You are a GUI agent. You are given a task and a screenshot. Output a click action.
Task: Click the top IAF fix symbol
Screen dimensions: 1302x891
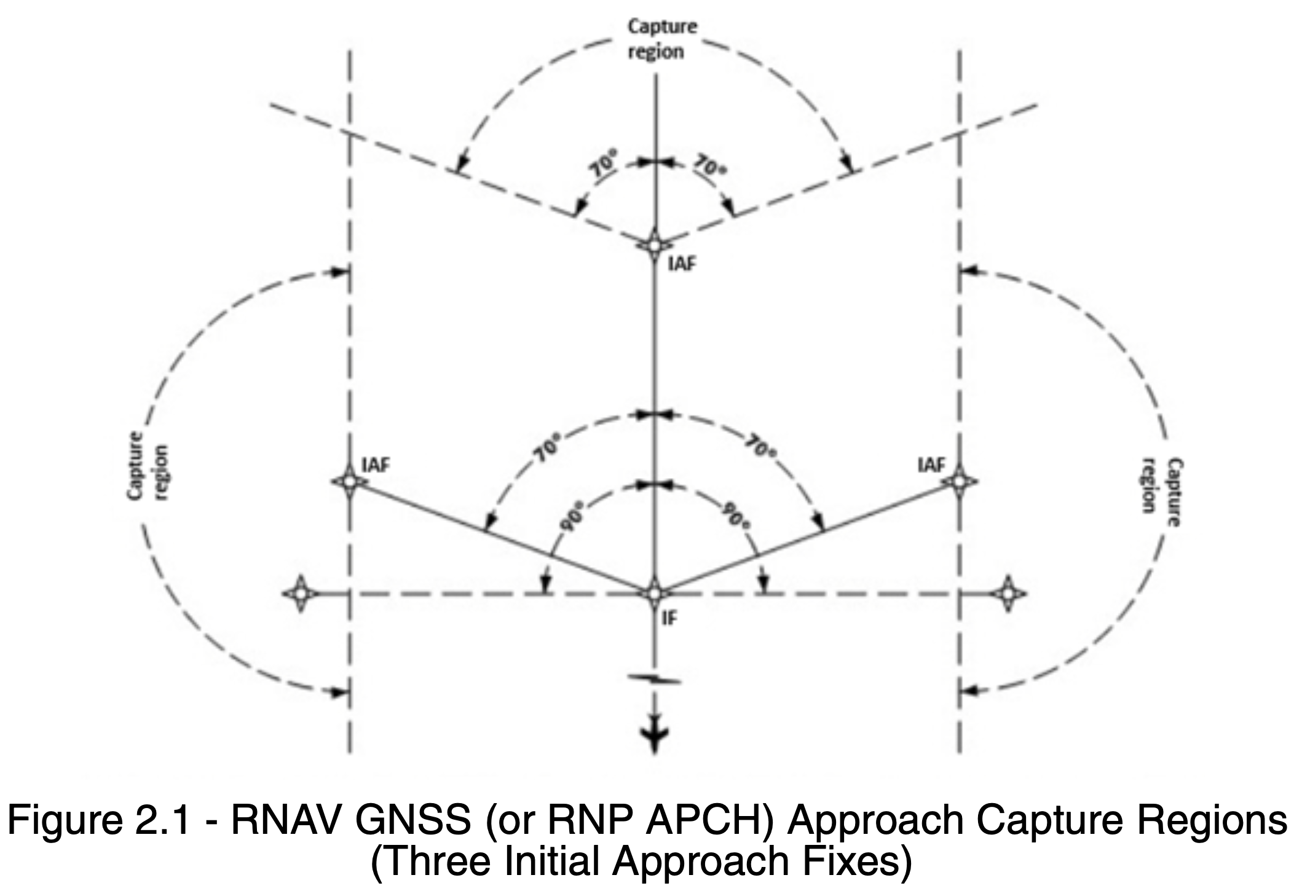(x=654, y=245)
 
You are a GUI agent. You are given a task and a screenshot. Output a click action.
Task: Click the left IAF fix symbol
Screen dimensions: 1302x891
(x=350, y=482)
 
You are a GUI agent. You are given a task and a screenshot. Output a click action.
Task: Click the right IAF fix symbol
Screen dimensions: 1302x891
(x=959, y=482)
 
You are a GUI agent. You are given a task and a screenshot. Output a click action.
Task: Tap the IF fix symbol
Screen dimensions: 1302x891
(x=654, y=594)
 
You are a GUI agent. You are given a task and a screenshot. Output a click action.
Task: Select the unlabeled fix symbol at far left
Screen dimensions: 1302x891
(x=301, y=594)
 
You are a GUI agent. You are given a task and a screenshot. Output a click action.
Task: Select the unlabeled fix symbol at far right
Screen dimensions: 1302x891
(x=1008, y=594)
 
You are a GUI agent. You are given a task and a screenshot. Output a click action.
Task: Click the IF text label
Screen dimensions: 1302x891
(x=670, y=618)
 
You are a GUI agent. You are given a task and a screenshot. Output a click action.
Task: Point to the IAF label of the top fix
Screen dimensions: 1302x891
(x=683, y=264)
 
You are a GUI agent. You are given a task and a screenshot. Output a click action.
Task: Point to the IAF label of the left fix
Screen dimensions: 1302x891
(x=376, y=465)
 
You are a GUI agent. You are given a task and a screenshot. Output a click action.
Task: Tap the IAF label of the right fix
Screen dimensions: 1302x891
(x=931, y=465)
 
